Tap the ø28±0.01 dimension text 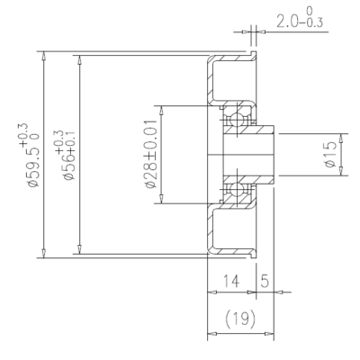151,154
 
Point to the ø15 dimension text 330,155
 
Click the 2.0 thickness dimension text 285,22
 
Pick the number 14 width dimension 231,281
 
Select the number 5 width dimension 265,281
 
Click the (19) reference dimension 240,319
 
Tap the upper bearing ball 237,121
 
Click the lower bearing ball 237,189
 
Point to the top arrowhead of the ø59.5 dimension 44,56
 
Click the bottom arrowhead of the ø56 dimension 79,249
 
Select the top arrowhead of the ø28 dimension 161,110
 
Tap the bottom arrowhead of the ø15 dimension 341,171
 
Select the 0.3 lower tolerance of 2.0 315,22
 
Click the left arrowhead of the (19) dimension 212,333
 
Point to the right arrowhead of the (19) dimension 269,333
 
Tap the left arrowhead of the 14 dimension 212,292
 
